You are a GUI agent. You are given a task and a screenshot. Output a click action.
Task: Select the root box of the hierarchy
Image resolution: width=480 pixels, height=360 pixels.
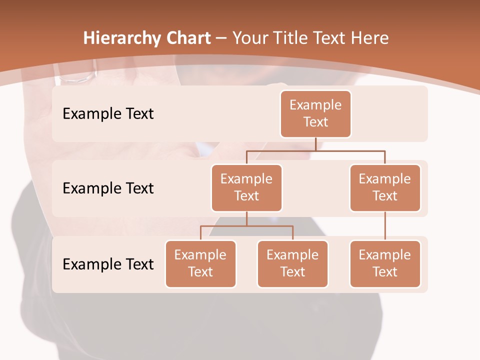[315, 113]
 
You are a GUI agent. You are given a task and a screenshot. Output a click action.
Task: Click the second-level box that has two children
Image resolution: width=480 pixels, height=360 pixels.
[246, 187]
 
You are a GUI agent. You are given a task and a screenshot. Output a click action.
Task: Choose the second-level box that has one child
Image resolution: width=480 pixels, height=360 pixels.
[385, 187]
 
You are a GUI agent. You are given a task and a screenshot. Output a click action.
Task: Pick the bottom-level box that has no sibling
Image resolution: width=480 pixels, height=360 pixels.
[385, 263]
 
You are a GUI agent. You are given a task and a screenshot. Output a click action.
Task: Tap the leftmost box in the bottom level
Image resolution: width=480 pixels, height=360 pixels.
[200, 263]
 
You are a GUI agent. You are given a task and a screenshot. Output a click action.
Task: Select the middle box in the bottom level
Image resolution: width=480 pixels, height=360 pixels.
[292, 263]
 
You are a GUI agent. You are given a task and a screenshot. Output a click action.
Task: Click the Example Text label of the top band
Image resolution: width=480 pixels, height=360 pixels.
[108, 114]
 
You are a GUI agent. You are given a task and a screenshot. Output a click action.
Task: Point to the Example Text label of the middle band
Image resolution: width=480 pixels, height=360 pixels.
[108, 188]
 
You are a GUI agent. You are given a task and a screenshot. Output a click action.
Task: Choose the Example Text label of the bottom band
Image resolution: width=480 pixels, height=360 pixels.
[108, 264]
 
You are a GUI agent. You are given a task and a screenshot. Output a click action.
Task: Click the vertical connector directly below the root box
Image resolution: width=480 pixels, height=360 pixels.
[315, 144]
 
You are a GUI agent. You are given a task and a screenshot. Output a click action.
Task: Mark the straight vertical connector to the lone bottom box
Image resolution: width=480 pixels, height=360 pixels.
[385, 226]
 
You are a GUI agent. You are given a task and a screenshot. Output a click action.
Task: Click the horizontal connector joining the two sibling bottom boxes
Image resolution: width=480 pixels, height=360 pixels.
[246, 226]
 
